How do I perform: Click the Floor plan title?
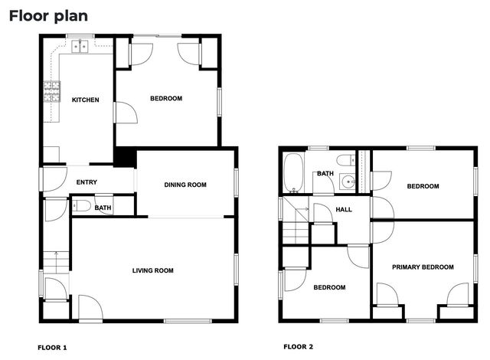[x=48, y=16]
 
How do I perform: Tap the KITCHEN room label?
[x=85, y=100]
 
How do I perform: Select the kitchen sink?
[x=80, y=46]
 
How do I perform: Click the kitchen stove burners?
[x=51, y=92]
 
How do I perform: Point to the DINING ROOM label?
[x=185, y=185]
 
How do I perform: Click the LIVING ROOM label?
[x=153, y=270]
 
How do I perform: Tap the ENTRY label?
[x=87, y=182]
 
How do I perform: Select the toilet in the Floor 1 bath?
[x=81, y=206]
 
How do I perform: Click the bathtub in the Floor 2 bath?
[x=293, y=172]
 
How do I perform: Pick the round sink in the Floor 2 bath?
[x=348, y=182]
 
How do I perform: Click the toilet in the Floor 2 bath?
[x=346, y=160]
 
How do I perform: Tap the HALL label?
[x=344, y=210]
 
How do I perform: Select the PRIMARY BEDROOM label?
[x=423, y=267]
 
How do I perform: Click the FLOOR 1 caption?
[x=52, y=348]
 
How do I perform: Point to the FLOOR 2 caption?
[x=298, y=346]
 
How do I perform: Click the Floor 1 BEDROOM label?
[x=166, y=99]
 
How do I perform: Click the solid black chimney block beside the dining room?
[x=125, y=156]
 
